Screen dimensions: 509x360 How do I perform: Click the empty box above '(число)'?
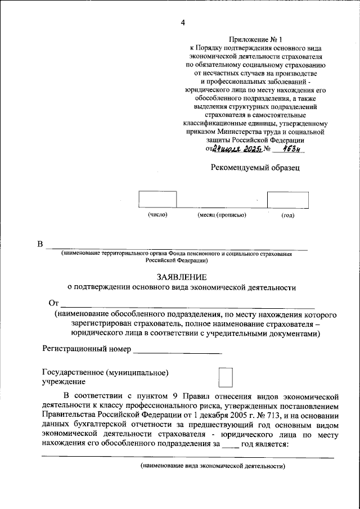(x=157, y=200)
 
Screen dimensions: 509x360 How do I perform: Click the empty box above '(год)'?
(x=287, y=200)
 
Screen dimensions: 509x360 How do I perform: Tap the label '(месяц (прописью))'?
(x=222, y=215)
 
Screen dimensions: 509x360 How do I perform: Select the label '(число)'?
(x=158, y=215)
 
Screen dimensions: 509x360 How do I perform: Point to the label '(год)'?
(x=287, y=215)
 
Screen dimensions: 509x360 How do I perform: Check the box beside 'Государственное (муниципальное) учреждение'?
(x=225, y=377)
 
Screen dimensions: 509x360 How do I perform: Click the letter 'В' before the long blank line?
(x=39, y=244)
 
